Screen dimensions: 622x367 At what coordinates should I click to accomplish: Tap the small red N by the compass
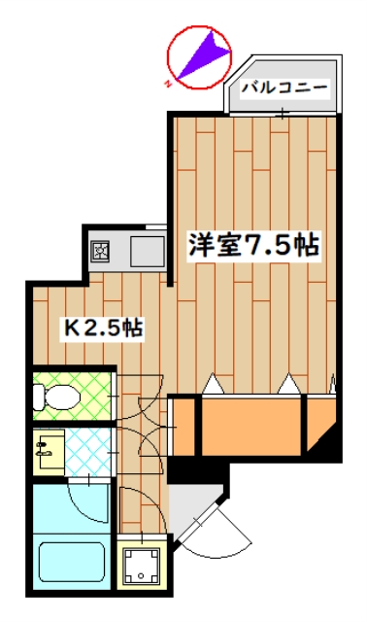tap(168, 84)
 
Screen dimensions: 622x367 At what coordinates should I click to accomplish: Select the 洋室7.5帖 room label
tap(253, 246)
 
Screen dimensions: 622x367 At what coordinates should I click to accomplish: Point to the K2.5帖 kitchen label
tap(104, 328)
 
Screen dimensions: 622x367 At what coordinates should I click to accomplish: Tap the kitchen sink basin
tap(147, 252)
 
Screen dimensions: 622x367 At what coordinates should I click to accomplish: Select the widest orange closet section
tap(253, 425)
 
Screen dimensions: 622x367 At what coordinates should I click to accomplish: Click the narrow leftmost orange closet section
tap(182, 426)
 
